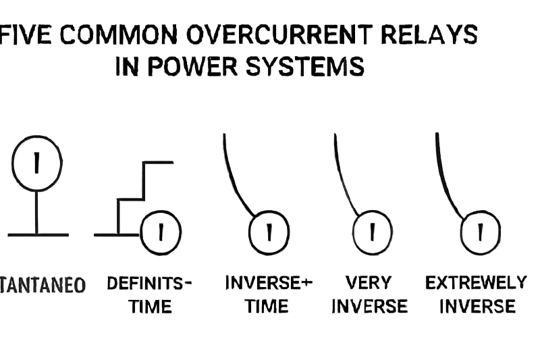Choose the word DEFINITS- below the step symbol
pos(149,283)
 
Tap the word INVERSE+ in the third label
pos(268,283)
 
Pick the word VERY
pos(369,283)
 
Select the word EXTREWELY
pos(475,283)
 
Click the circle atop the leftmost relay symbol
pos(36,163)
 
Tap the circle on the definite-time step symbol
pos(161,232)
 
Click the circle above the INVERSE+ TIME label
pos(269,232)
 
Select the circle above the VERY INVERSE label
pos(371,232)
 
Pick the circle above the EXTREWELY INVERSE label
pos(480,232)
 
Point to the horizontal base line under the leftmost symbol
pos(38,235)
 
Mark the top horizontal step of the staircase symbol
pos(159,162)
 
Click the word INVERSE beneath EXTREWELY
pos(477,307)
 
